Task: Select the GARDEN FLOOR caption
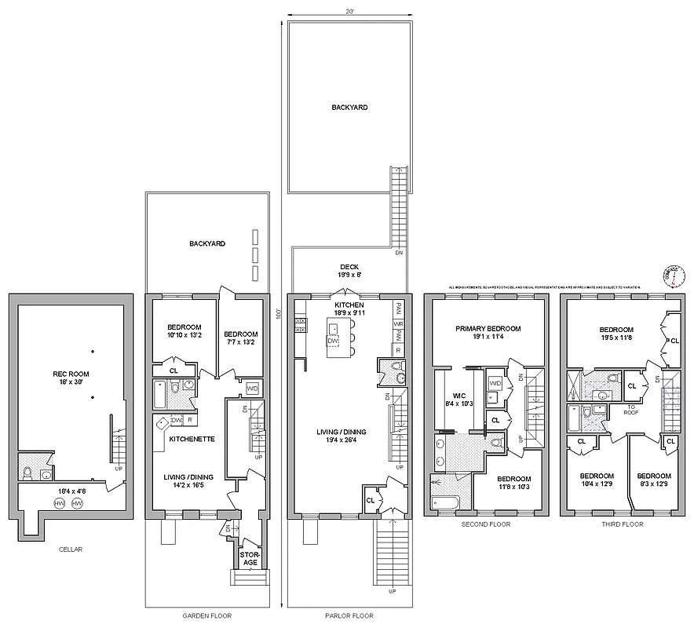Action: (x=206, y=615)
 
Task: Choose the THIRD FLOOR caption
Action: (x=621, y=524)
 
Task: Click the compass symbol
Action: (x=674, y=276)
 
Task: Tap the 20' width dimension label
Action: (x=349, y=12)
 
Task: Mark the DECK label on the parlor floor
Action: (x=349, y=267)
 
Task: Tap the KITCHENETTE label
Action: (x=192, y=439)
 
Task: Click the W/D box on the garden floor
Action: (x=252, y=389)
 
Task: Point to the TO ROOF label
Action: (x=630, y=409)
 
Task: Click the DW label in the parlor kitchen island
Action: (x=333, y=341)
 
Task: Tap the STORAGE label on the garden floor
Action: (x=250, y=557)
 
